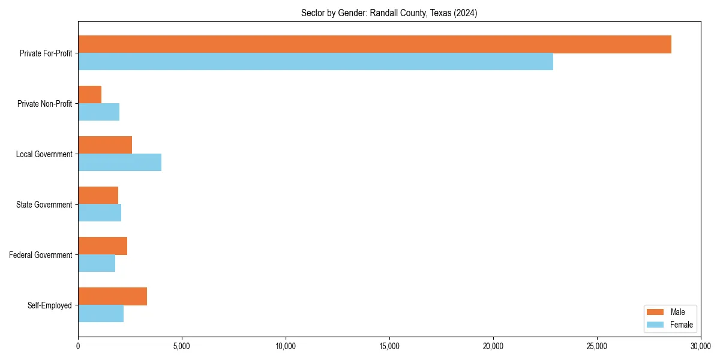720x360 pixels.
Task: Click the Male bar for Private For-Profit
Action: [374, 44]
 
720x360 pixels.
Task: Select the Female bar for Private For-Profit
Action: [316, 62]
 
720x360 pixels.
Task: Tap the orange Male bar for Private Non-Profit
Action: [90, 95]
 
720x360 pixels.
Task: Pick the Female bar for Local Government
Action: [120, 163]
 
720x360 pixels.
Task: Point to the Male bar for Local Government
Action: [105, 145]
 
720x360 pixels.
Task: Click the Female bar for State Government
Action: [100, 213]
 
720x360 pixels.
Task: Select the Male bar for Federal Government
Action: [103, 246]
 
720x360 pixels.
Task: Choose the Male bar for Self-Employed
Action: [113, 296]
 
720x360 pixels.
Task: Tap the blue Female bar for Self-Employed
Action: [101, 314]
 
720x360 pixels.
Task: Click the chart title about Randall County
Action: [389, 13]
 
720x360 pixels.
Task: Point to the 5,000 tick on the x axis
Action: [182, 346]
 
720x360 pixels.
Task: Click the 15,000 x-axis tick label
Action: [389, 346]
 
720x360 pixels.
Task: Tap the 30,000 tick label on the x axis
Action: [700, 346]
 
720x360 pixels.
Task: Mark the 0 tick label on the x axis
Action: [78, 346]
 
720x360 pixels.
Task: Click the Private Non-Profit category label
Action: [44, 104]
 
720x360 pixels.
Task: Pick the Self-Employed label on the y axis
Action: [50, 305]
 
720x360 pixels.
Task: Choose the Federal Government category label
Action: [41, 255]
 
